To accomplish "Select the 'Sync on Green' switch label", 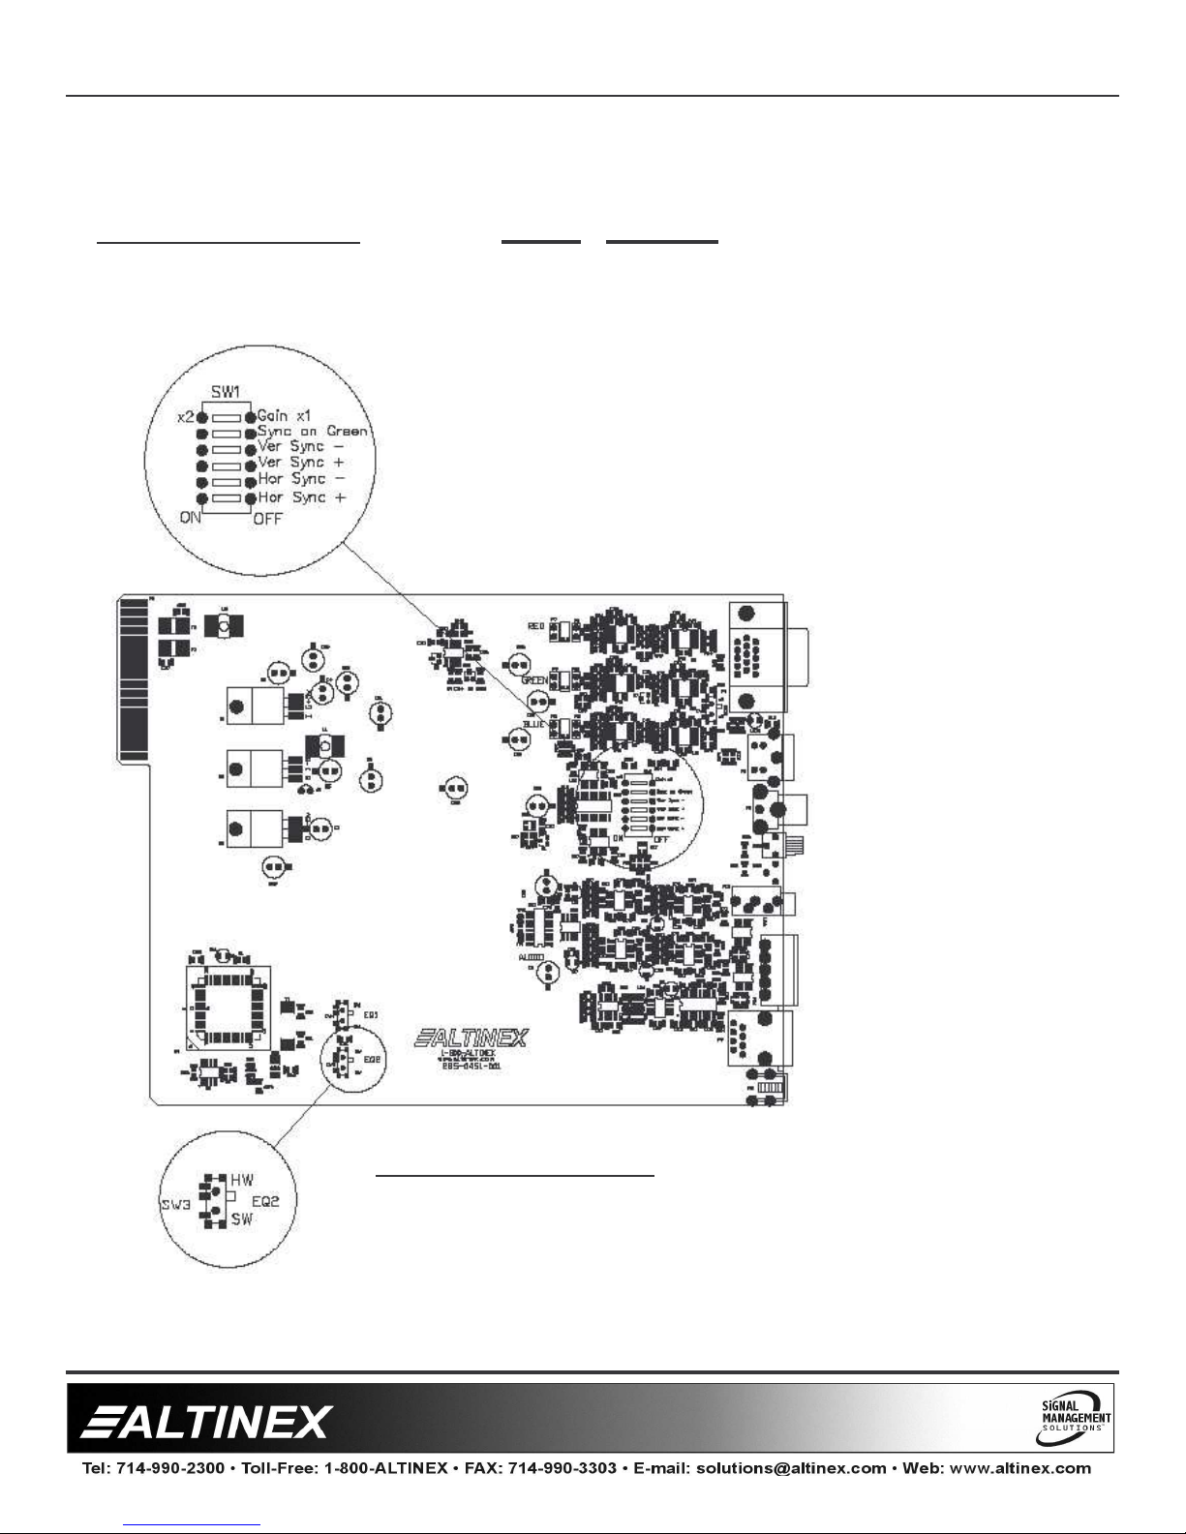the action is point(312,431).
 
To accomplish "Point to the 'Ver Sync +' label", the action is point(300,463).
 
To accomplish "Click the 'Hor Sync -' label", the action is point(300,479).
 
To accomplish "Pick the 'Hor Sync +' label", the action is point(300,496).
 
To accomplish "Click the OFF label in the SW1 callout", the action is point(268,518).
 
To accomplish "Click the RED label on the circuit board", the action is point(536,627).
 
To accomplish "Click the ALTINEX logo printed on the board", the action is point(471,1038).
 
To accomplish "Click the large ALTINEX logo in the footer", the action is point(207,1422).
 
